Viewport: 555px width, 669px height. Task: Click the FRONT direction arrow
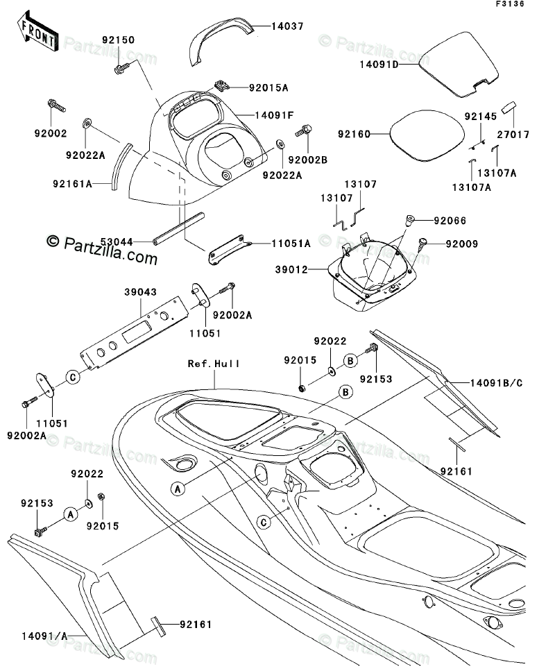[37, 31]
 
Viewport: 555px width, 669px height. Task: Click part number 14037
[287, 26]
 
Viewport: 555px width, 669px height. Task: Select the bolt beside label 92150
[121, 68]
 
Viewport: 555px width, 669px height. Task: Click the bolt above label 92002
[56, 105]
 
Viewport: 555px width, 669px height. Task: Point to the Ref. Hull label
[214, 364]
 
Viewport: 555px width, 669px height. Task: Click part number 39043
[140, 292]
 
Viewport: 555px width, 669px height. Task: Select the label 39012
[291, 270]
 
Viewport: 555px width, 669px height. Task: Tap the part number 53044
[117, 242]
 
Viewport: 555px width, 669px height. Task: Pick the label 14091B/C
[496, 382]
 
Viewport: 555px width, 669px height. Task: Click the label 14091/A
[45, 636]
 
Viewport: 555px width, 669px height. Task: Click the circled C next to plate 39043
[73, 377]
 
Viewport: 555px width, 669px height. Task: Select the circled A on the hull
[178, 489]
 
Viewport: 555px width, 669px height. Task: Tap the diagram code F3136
[510, 4]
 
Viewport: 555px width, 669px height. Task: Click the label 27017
[513, 135]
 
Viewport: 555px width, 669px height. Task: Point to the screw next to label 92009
[423, 243]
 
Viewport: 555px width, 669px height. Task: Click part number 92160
[354, 134]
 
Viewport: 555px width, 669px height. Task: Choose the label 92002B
[307, 160]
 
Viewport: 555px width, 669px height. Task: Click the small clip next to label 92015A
[221, 85]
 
